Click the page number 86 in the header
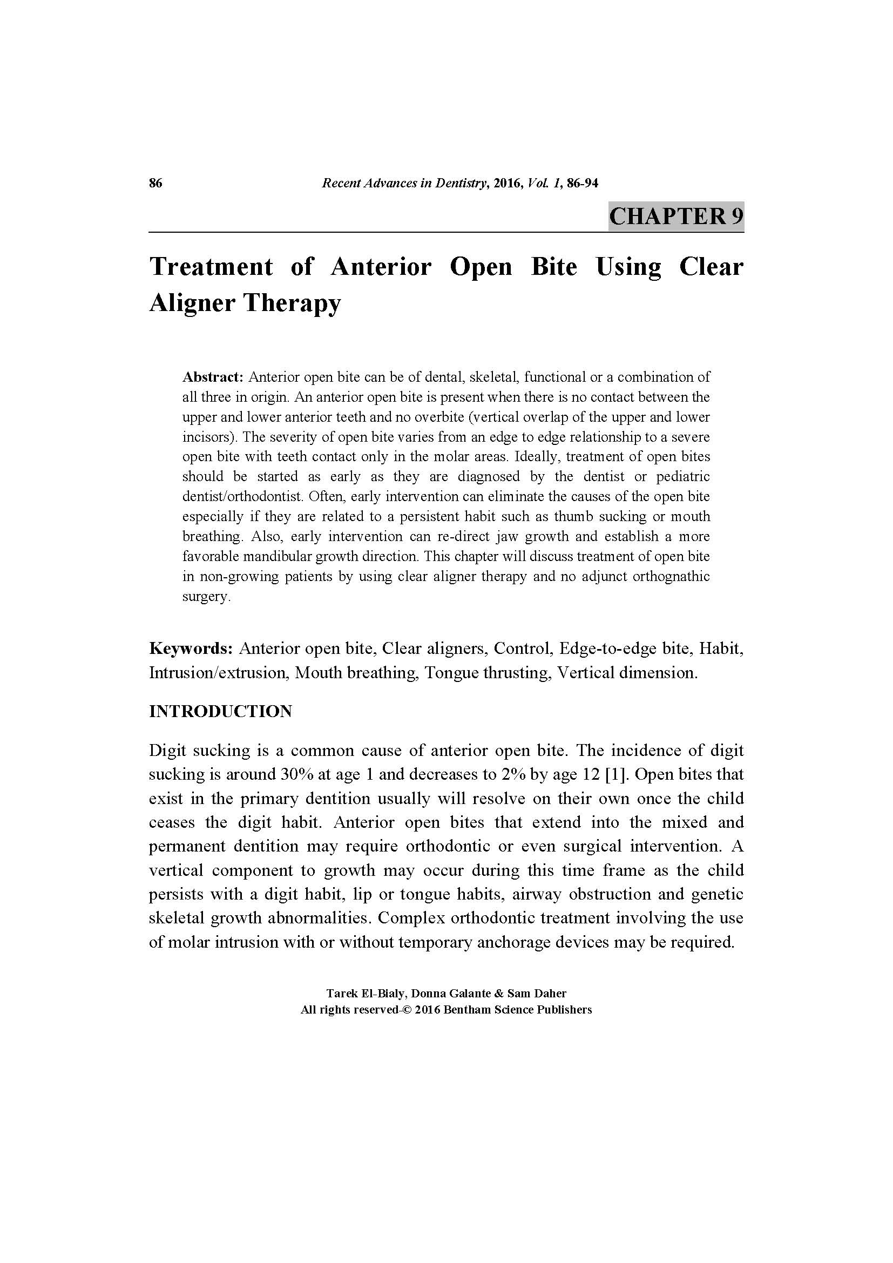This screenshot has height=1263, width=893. (x=155, y=183)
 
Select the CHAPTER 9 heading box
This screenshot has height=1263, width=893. (x=676, y=215)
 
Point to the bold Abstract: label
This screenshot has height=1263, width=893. (x=213, y=377)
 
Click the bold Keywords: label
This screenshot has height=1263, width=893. (x=192, y=649)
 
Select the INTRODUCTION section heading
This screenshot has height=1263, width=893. (x=220, y=711)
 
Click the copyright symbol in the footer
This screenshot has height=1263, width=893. (x=407, y=1010)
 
